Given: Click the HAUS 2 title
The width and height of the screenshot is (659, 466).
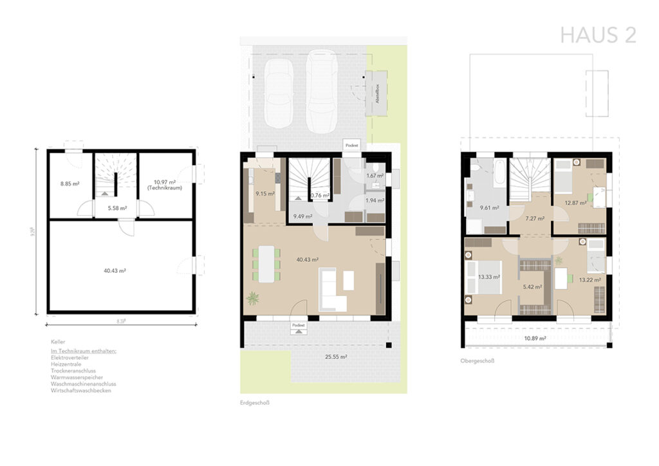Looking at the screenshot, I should click(598, 35).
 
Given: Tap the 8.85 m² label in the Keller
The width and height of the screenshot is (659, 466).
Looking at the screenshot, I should click(70, 183).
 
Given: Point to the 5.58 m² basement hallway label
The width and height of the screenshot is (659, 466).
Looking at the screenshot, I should click(116, 208).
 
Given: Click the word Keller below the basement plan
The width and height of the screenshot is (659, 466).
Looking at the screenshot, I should click(58, 342).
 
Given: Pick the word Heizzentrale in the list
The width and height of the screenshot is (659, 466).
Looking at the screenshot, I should click(67, 364).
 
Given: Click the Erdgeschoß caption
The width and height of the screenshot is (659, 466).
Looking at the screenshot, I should click(254, 403).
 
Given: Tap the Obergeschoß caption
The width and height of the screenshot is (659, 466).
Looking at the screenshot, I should click(477, 361).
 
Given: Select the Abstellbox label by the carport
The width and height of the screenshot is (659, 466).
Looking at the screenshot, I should click(377, 93).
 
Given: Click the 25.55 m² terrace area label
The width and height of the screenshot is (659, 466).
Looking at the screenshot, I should click(335, 357).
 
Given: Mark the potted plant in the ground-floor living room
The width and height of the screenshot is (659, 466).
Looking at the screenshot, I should click(253, 299).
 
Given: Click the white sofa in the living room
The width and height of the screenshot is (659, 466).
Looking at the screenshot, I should click(331, 292).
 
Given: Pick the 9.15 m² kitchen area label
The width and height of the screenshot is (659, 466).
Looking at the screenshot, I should click(265, 194).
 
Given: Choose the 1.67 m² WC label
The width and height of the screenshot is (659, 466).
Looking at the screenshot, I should click(375, 175).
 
